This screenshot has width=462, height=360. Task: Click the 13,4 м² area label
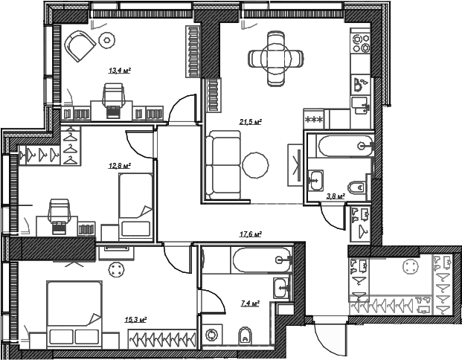(x=120, y=71)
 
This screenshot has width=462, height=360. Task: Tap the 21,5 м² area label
(x=251, y=122)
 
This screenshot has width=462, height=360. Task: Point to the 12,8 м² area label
(x=120, y=166)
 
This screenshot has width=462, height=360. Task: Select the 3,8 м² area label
(x=336, y=196)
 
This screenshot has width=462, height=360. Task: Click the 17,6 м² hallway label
(x=251, y=234)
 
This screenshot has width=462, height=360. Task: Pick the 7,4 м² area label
(x=250, y=303)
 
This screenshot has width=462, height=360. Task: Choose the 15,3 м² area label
(x=136, y=320)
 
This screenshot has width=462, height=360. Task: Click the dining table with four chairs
(x=276, y=59)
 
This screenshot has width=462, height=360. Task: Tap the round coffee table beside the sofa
(x=255, y=165)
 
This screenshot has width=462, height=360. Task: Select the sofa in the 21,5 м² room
(x=223, y=165)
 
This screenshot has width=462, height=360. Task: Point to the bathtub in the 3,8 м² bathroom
(x=345, y=146)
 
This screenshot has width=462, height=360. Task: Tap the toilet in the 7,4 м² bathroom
(x=245, y=335)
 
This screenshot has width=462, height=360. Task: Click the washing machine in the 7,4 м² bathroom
(x=211, y=335)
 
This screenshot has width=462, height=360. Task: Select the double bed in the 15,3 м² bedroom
(x=74, y=315)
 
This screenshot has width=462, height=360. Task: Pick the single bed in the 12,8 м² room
(x=136, y=205)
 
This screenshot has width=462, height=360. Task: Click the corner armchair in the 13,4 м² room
(x=80, y=47)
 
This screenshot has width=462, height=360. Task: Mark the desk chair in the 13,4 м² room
(x=113, y=100)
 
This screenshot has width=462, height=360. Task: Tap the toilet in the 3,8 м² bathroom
(x=356, y=187)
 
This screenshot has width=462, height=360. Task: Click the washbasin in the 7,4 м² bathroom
(x=282, y=289)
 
